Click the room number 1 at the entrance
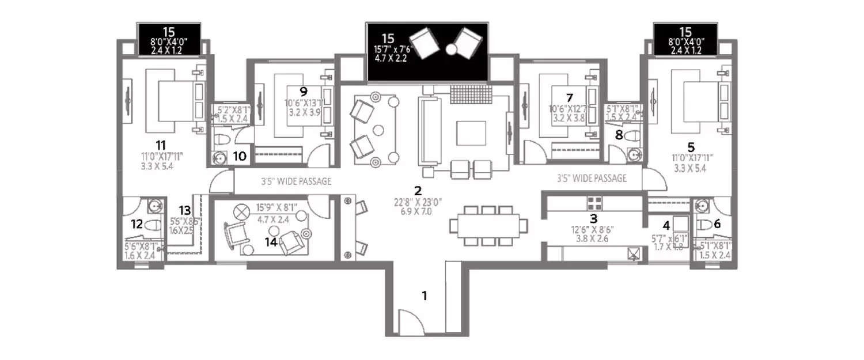(425, 296)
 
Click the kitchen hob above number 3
(594, 202)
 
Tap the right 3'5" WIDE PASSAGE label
(592, 179)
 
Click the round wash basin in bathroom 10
(219, 156)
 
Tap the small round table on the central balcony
(450, 50)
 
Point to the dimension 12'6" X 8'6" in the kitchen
(593, 229)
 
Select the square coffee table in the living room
(467, 133)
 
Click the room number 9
(303, 90)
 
